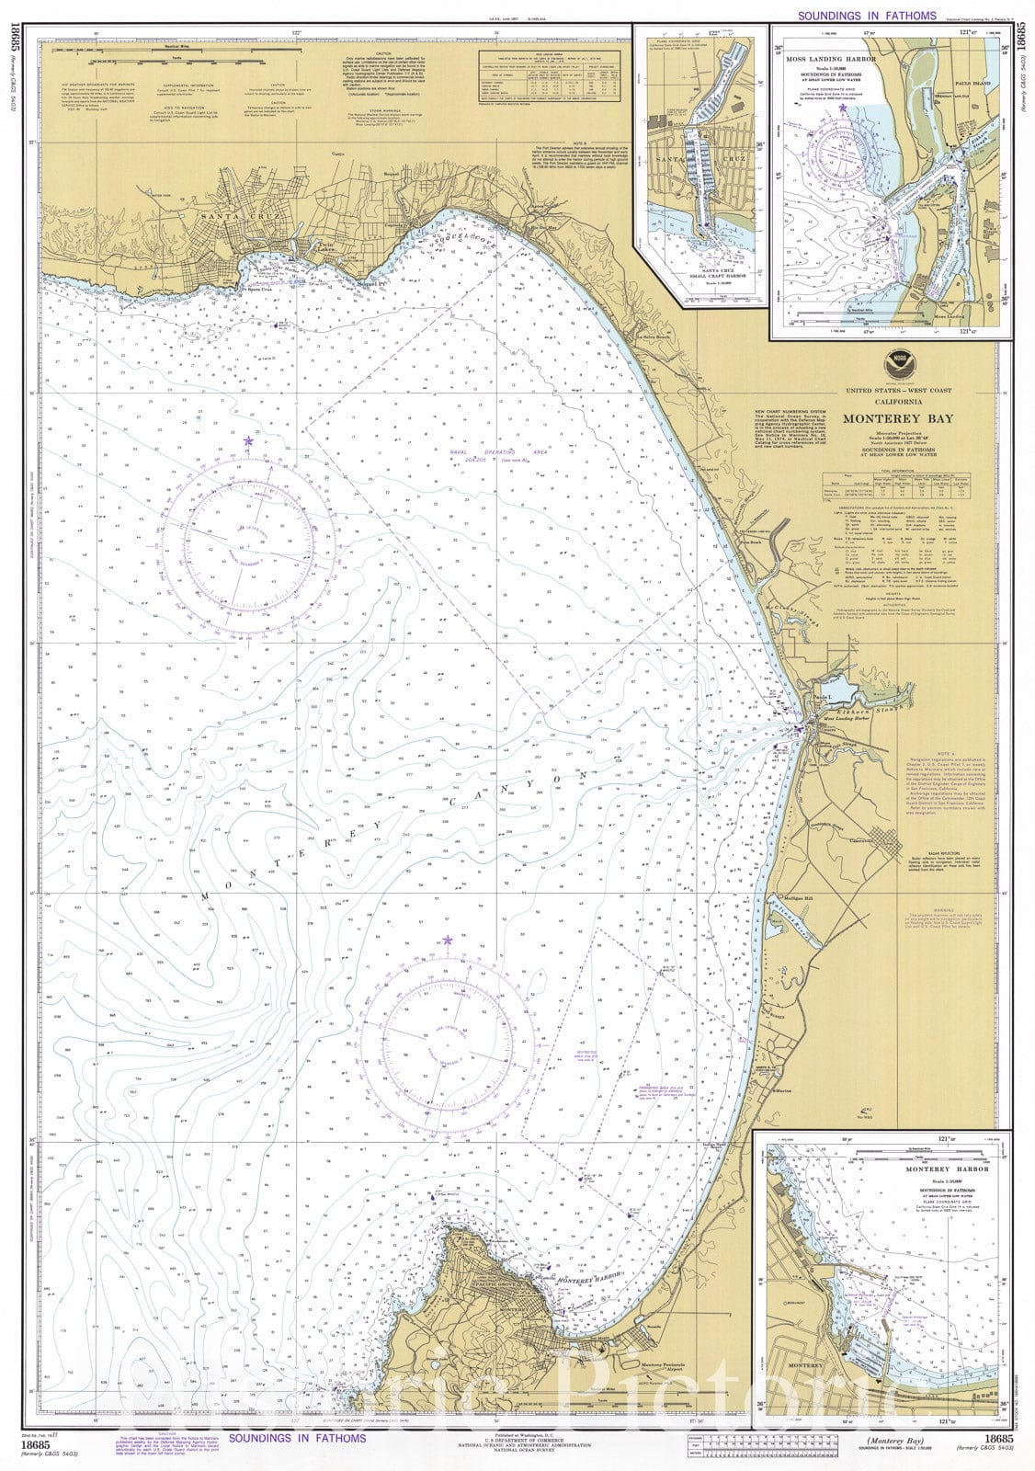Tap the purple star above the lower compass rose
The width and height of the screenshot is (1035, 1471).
[448, 940]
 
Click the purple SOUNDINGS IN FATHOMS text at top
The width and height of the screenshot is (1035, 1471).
[867, 16]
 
